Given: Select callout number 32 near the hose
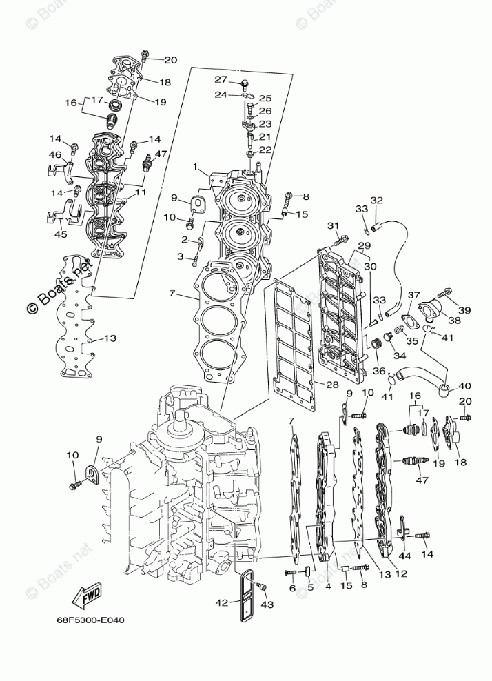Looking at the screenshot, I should click(x=376, y=201).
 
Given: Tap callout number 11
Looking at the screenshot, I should click(x=141, y=192).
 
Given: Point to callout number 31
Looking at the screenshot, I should click(x=334, y=226).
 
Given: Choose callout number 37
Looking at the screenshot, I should click(x=413, y=296).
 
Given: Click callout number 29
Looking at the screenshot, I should click(x=365, y=246).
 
